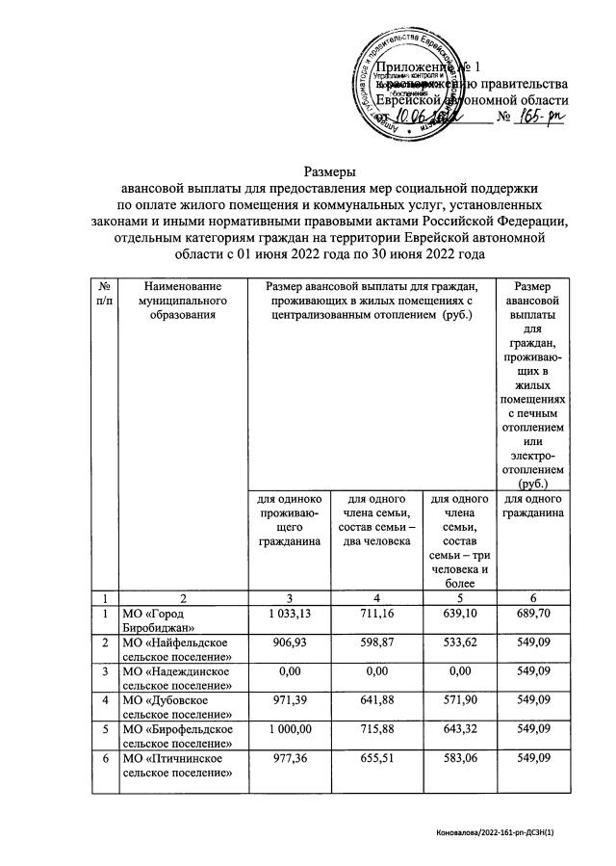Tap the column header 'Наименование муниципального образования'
point(179,301)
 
